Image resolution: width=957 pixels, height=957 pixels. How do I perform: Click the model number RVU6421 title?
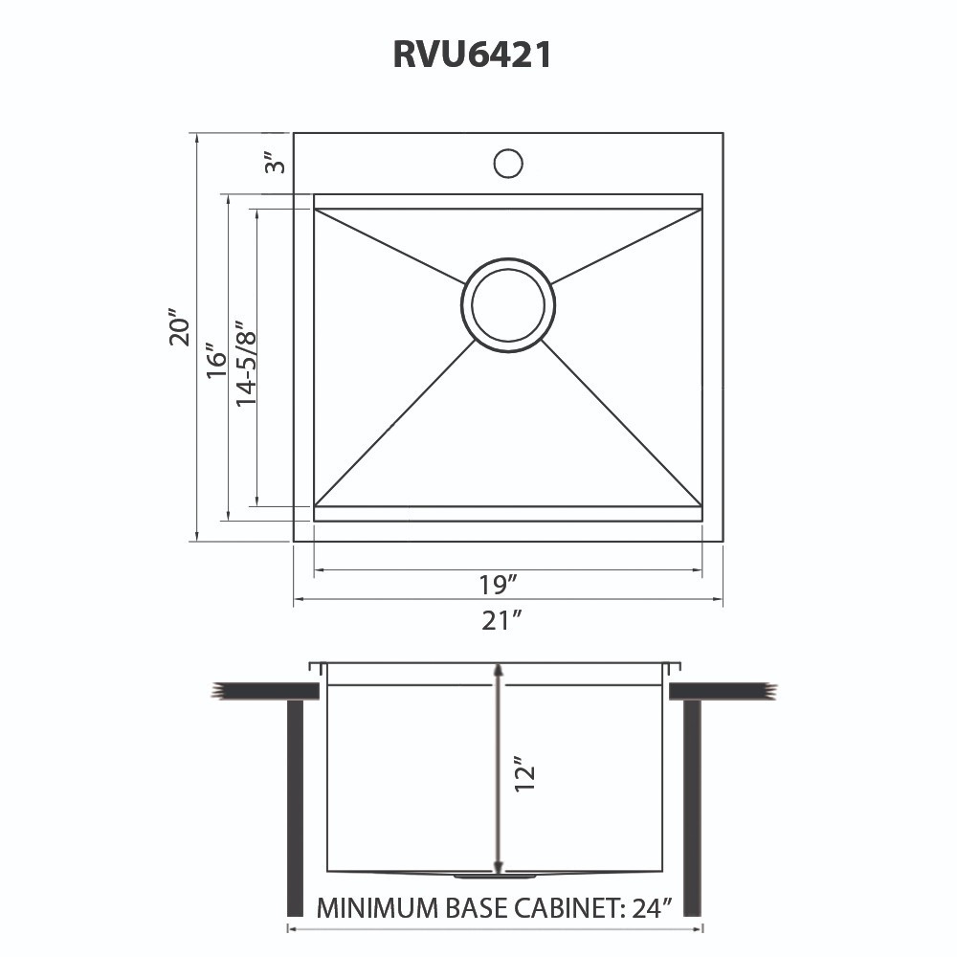(x=472, y=55)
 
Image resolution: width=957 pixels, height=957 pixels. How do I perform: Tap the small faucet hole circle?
(x=508, y=163)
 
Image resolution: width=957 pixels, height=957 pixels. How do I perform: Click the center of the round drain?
(x=508, y=304)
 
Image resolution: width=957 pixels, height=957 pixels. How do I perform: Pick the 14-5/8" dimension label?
(x=246, y=364)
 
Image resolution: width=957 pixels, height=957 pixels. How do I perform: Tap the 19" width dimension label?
(x=499, y=583)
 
